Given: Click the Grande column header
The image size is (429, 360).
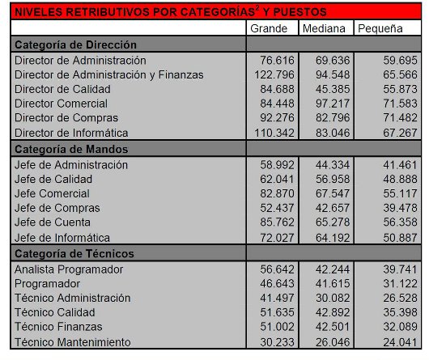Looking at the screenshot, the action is tap(270, 29).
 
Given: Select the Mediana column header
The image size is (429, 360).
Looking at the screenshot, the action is tap(325, 29).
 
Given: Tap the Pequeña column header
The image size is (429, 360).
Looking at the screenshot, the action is tap(380, 29).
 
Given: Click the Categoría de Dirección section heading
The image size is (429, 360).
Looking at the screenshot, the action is tap(76, 44).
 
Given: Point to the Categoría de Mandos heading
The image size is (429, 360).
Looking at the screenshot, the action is tap(72, 149).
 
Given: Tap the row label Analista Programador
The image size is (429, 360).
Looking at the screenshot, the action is tap(69, 269).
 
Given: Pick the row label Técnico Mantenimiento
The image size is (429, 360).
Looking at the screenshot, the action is tap(72, 341).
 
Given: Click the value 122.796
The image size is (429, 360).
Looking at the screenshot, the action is tap(273, 74).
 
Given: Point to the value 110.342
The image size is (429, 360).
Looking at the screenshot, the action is tap(273, 133).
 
